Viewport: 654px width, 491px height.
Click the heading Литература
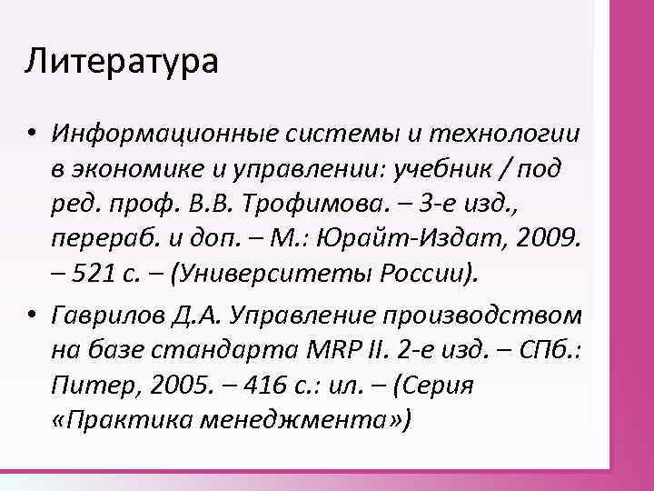click(x=122, y=62)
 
